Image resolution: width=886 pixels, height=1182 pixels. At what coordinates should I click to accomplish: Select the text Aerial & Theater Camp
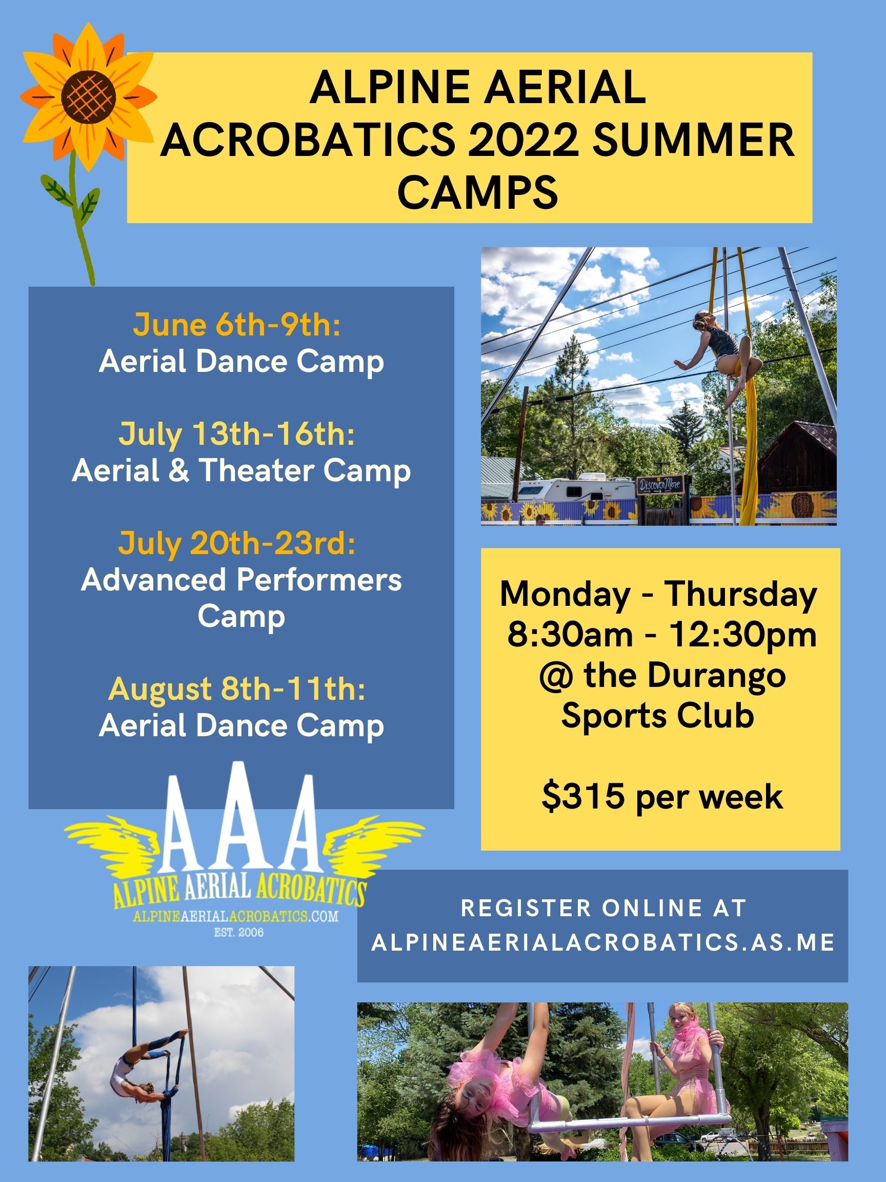[x=241, y=471]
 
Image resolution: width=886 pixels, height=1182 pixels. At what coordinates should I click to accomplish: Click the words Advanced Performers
[x=241, y=580]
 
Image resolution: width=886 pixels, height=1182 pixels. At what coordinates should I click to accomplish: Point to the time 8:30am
[x=569, y=635]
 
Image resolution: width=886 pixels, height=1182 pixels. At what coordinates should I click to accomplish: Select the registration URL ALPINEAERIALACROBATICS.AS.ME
[x=603, y=943]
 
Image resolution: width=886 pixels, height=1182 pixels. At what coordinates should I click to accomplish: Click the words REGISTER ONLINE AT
[x=603, y=909]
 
